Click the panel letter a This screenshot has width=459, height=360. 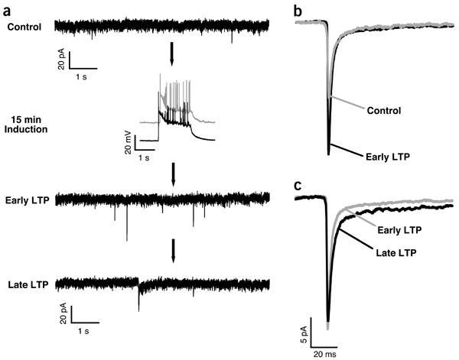(7, 8)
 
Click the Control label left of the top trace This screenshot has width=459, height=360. (24, 28)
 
